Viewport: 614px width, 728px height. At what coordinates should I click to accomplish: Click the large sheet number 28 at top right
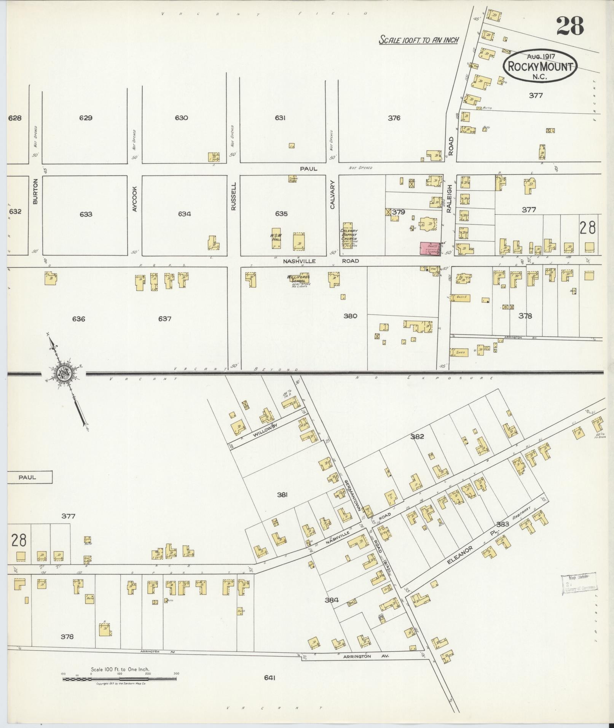click(x=570, y=25)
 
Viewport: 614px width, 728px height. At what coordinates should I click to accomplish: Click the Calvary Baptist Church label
click(x=348, y=237)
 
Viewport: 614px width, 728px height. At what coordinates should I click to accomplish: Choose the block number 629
click(x=86, y=118)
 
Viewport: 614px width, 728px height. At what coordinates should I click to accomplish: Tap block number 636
click(x=78, y=319)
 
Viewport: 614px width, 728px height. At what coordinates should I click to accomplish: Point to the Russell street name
click(x=233, y=196)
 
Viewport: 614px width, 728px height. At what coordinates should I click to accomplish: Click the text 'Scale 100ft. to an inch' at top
click(x=419, y=40)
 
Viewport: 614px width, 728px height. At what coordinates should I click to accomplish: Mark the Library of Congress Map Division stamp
click(x=578, y=594)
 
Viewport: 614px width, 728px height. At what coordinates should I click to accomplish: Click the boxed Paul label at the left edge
click(x=27, y=477)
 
